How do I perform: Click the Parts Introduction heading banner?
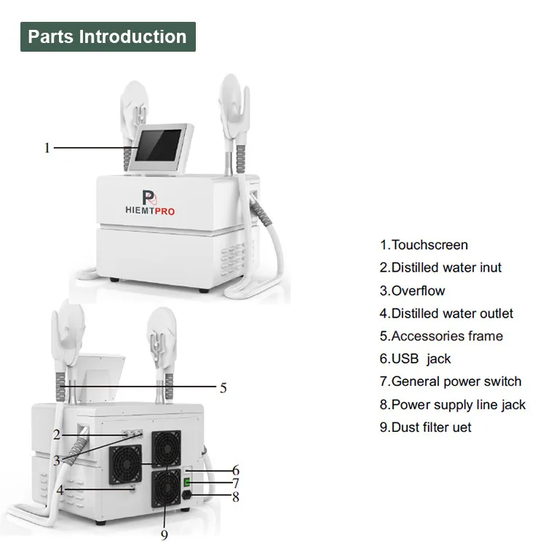tap(108, 36)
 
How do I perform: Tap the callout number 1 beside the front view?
tap(47, 148)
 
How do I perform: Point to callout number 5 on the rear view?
tap(223, 387)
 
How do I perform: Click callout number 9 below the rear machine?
tap(164, 535)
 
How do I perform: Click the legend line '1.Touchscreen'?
tap(424, 245)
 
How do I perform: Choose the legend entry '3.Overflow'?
tap(412, 291)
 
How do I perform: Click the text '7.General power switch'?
tap(450, 381)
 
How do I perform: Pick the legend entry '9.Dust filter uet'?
tap(425, 427)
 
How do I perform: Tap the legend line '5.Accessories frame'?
tap(441, 336)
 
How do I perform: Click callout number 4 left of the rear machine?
tap(60, 490)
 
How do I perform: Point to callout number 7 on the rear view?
tap(235, 484)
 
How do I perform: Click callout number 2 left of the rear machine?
tap(56, 435)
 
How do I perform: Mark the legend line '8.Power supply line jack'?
tap(452, 404)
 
